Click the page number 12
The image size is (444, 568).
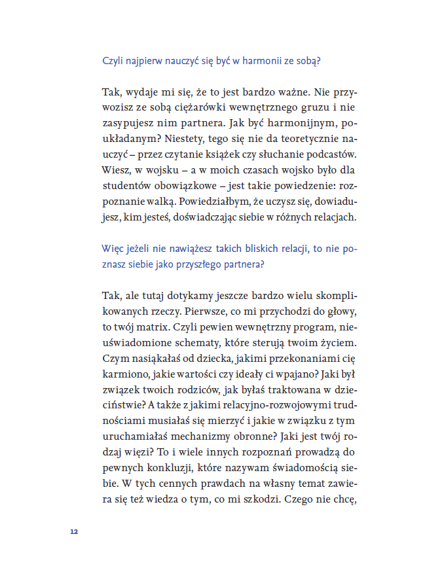pos(74,531)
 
